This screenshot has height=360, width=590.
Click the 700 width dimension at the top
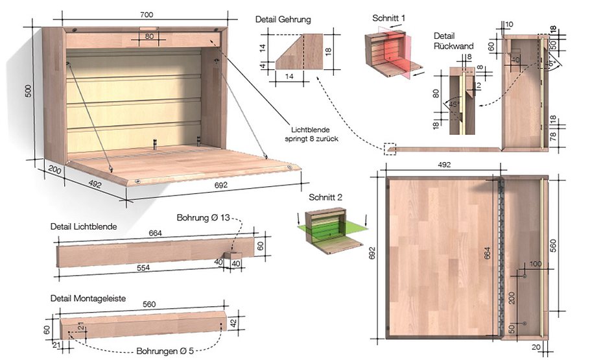(x=149, y=13)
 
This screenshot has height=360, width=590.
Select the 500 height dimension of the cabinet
(x=28, y=91)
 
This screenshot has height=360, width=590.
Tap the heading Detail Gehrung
(x=283, y=20)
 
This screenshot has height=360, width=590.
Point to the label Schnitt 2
(x=327, y=197)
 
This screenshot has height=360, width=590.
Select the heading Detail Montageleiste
(x=88, y=298)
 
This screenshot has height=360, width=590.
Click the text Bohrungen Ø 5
(x=165, y=351)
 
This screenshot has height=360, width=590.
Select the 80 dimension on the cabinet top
(x=150, y=36)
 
